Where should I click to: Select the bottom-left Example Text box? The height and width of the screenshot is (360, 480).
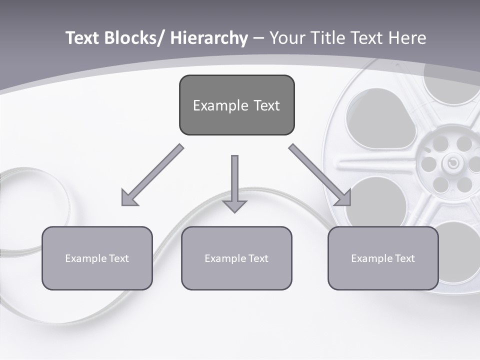(97, 258)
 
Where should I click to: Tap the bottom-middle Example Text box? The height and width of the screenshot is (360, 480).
(236, 258)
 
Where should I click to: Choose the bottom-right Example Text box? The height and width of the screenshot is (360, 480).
(383, 258)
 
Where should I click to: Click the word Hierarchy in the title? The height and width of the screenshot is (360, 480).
(208, 38)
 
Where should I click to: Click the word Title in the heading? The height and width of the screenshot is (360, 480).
(326, 38)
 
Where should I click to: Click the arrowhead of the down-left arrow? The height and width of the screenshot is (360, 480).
(129, 198)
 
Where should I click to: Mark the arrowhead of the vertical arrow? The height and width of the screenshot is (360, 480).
(234, 205)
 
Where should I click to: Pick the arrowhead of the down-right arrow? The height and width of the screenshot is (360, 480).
(343, 198)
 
